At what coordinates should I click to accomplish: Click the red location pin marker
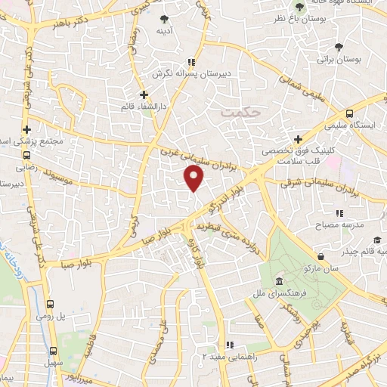194,179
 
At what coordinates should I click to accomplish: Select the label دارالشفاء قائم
144,107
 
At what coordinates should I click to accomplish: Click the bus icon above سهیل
52,350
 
